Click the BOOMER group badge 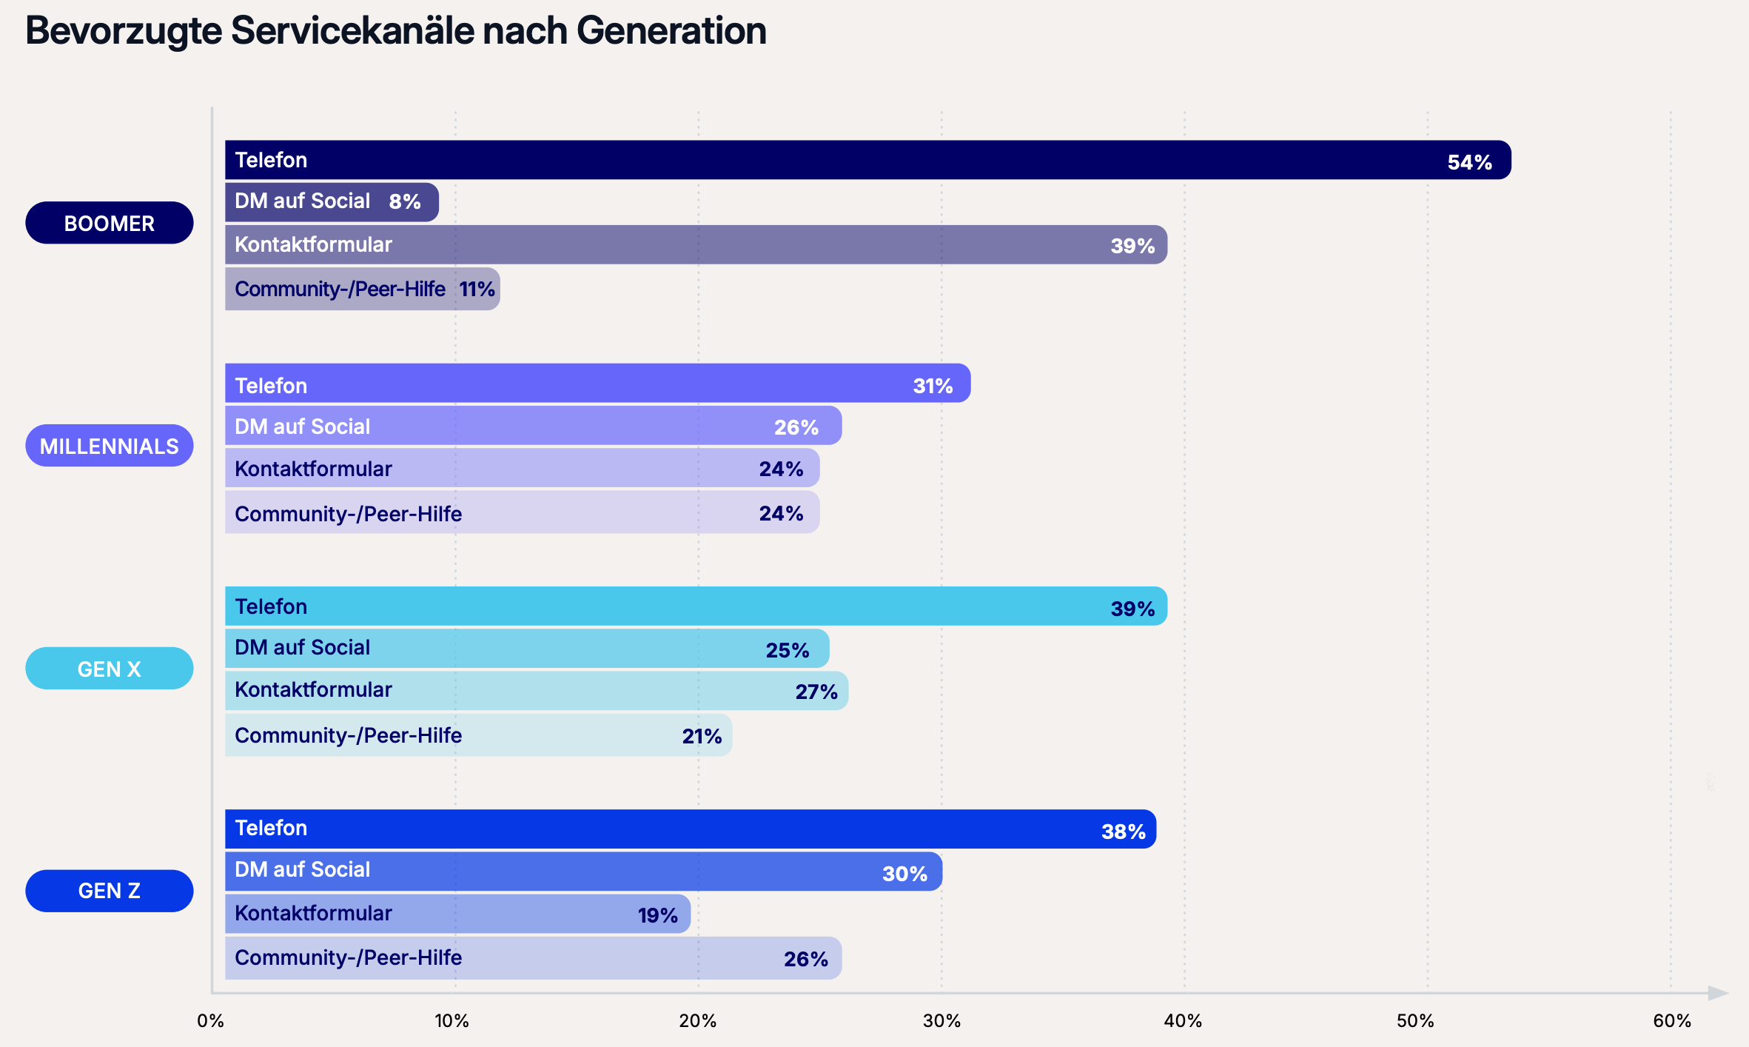pos(109,223)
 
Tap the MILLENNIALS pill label pos(109,446)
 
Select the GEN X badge pos(109,669)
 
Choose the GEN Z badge pos(109,891)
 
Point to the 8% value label pos(404,201)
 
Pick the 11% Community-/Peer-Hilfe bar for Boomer pos(362,289)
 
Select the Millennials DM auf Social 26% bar pos(533,426)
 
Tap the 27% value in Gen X pos(816,692)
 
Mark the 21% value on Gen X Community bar pos(701,736)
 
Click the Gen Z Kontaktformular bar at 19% pos(457,914)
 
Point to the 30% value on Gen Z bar pos(904,874)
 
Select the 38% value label pos(1123,832)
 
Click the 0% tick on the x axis pos(210,1021)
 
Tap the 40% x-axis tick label pos(1182,1021)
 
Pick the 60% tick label pos(1671,1021)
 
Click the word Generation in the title pos(671,31)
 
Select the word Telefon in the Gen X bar pos(270,606)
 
